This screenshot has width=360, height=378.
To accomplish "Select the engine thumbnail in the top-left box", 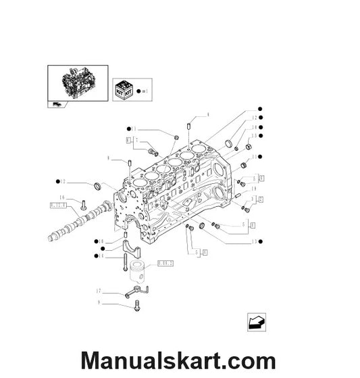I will point(77,81).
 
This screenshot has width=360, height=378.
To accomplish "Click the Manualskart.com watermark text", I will point(178,360).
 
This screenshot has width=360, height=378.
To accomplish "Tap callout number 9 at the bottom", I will point(99,302).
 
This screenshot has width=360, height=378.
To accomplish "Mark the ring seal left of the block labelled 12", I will point(99,186).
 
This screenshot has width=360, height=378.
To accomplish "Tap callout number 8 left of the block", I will point(108,159).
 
